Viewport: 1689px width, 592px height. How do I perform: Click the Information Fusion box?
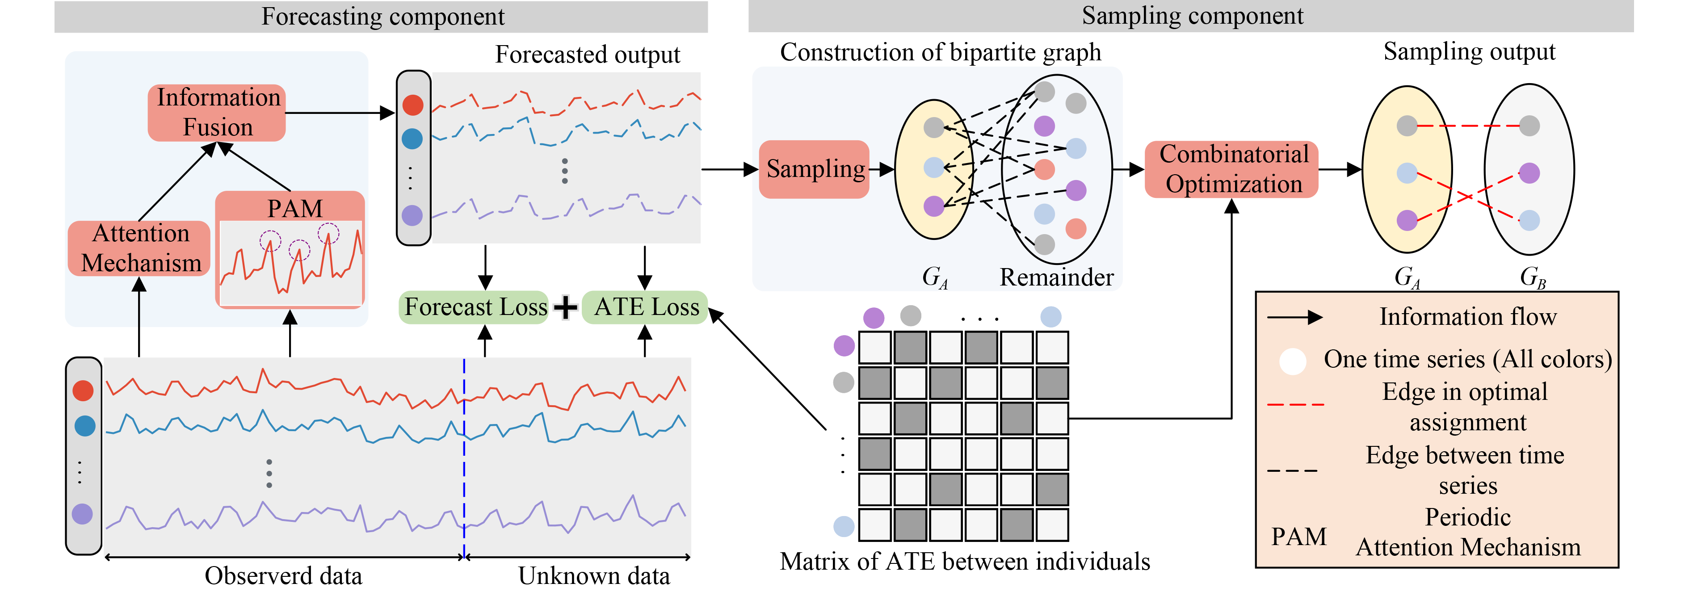click(x=217, y=112)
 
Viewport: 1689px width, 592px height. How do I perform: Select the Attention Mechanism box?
click(x=140, y=248)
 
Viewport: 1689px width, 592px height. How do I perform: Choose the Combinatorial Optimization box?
click(x=1232, y=169)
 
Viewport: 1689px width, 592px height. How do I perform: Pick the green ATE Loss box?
click(x=645, y=307)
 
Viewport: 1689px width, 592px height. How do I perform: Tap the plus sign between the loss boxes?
click(x=565, y=307)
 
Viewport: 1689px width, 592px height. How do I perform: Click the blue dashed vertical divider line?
click(x=464, y=459)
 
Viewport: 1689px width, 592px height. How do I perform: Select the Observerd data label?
click(x=283, y=575)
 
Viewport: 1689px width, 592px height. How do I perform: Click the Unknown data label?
click(x=594, y=575)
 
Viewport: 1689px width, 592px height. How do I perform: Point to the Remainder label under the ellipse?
click(x=1056, y=277)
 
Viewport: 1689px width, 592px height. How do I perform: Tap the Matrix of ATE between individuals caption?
click(x=965, y=561)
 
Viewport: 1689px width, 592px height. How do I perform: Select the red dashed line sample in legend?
click(x=1295, y=404)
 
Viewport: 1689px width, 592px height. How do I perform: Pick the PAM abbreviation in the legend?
click(x=1298, y=536)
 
